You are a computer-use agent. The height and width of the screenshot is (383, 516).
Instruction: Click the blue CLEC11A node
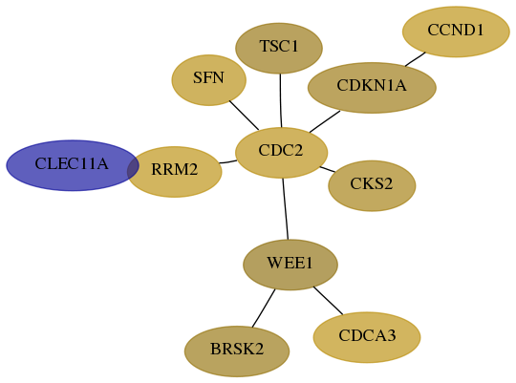(x=73, y=165)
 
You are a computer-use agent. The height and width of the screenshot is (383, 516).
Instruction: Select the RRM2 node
(x=175, y=172)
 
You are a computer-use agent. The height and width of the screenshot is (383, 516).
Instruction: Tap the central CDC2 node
(x=281, y=153)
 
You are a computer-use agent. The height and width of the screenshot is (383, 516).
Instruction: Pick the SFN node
(x=209, y=80)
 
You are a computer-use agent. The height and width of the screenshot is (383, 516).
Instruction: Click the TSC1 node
(x=279, y=49)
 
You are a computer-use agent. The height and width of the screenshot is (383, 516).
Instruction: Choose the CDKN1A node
(x=372, y=88)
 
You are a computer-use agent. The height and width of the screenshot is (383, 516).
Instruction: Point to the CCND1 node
(x=456, y=32)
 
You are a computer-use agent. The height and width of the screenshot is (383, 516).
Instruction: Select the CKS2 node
(x=372, y=186)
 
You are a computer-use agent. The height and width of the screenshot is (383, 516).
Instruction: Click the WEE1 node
(x=290, y=265)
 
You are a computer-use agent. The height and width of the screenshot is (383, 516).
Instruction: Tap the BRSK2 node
(x=237, y=351)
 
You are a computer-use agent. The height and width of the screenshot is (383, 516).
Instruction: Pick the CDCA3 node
(x=367, y=337)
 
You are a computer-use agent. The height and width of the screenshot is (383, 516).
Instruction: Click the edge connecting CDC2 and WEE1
(x=286, y=209)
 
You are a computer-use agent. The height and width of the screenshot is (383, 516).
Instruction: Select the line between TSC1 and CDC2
(x=280, y=100)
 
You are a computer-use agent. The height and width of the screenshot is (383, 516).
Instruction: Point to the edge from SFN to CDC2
(x=244, y=116)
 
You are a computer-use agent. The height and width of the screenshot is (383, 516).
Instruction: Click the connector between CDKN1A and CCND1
(x=416, y=59)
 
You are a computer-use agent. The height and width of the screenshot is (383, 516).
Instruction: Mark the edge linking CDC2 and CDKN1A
(x=325, y=121)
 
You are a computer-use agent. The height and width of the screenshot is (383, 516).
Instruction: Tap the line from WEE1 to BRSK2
(x=264, y=309)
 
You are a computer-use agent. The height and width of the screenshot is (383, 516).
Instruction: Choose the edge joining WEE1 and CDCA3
(x=328, y=301)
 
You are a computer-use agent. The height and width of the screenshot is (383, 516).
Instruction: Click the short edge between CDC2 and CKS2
(x=328, y=169)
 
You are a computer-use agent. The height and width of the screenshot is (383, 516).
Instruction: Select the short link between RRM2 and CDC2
(x=227, y=161)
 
